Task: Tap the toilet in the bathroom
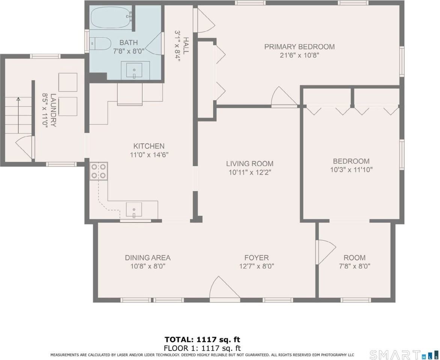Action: pos(101,44)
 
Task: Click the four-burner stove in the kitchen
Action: pos(99,171)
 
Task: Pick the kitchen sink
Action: pos(134,210)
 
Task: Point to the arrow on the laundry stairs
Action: pos(18,100)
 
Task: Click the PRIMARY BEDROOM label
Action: pos(299,47)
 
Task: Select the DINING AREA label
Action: pos(148,258)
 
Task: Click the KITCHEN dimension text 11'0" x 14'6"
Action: pos(149,154)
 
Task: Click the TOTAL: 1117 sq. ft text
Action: pos(202,340)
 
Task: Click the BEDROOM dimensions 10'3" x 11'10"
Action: pos(351,169)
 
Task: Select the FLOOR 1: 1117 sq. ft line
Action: pos(202,348)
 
